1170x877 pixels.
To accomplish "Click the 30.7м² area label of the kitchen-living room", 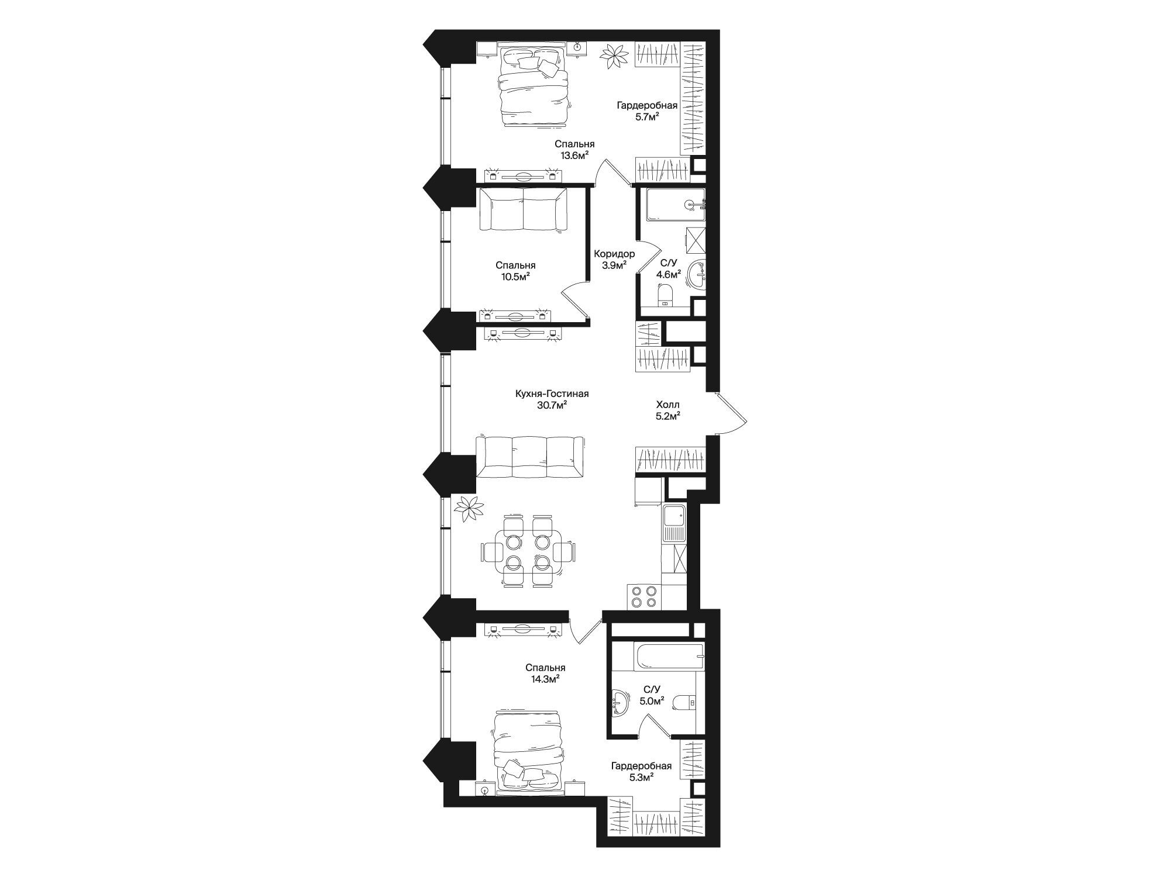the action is pyautogui.click(x=552, y=406).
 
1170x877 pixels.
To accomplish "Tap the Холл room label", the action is pyautogui.click(x=667, y=405).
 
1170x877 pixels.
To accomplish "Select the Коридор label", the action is pyautogui.click(x=614, y=254).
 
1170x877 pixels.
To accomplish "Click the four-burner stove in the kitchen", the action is pyautogui.click(x=644, y=598).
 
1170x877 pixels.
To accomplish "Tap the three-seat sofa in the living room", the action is pyautogui.click(x=529, y=458).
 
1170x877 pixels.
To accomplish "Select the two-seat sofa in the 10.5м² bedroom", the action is pyautogui.click(x=523, y=210).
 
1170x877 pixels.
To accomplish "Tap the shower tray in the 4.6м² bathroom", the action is pyautogui.click(x=676, y=204).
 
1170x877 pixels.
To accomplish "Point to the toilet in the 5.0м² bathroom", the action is pyautogui.click(x=684, y=701).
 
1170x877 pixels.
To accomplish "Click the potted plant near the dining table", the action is pyautogui.click(x=470, y=508).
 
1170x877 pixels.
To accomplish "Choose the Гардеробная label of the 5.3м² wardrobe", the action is pyautogui.click(x=641, y=766).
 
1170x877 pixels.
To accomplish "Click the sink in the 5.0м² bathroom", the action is pyautogui.click(x=620, y=702).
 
